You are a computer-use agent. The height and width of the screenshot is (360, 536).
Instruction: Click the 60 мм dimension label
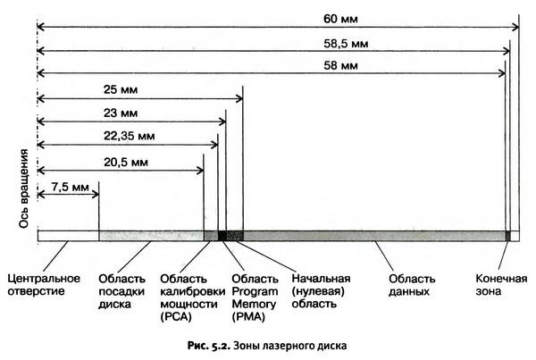pyautogui.click(x=340, y=19)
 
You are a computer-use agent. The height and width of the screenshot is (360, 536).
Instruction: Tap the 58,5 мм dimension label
pyautogui.click(x=346, y=44)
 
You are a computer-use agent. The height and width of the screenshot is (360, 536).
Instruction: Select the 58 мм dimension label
pyautogui.click(x=340, y=65)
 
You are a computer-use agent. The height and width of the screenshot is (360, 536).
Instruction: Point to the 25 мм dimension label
pyautogui.click(x=121, y=90)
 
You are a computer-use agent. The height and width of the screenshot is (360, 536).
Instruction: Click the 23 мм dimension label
pyautogui.click(x=121, y=113)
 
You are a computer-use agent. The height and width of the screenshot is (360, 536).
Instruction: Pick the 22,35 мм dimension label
pyautogui.click(x=130, y=136)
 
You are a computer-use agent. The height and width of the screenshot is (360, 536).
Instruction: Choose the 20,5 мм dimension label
pyautogui.click(x=126, y=162)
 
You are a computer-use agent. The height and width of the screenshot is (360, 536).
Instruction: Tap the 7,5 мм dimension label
pyautogui.click(x=70, y=188)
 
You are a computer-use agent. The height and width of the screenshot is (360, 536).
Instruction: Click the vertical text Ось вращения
pyautogui.click(x=23, y=188)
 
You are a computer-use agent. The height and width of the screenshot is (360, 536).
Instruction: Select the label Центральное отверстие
pyautogui.click(x=44, y=285)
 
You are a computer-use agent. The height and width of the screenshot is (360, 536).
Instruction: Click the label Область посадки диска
pyautogui.click(x=121, y=291)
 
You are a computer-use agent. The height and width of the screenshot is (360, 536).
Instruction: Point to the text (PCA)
pyautogui.click(x=176, y=316)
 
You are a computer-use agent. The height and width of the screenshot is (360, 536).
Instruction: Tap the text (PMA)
pyautogui.click(x=248, y=316)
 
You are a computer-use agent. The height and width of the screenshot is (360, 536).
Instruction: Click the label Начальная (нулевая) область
pyautogui.click(x=321, y=291)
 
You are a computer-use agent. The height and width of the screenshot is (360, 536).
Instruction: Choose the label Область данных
pyautogui.click(x=412, y=285)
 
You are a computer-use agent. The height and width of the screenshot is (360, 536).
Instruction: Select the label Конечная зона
pyautogui.click(x=501, y=285)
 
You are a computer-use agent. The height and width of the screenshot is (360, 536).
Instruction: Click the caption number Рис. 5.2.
pyautogui.click(x=209, y=346)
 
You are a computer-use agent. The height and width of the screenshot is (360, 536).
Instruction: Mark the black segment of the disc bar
pyautogui.click(x=222, y=236)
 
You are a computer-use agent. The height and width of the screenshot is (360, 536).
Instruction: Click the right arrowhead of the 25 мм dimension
pyautogui.click(x=240, y=99)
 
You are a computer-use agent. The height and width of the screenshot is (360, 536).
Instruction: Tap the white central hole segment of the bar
pyautogui.click(x=69, y=236)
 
